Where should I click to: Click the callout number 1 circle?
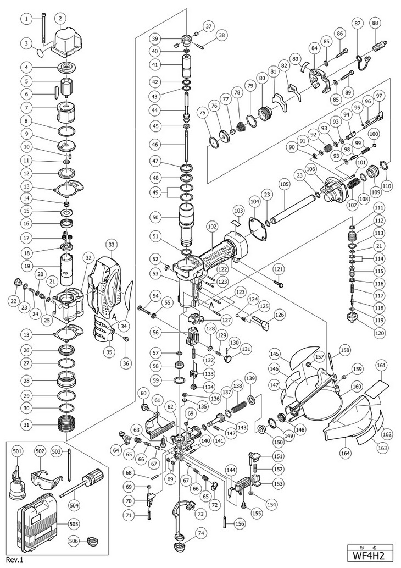click(x=26, y=19)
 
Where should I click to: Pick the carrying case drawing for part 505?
click(x=42, y=519)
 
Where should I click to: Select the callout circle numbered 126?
click(x=280, y=315)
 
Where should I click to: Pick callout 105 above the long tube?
click(x=283, y=184)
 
